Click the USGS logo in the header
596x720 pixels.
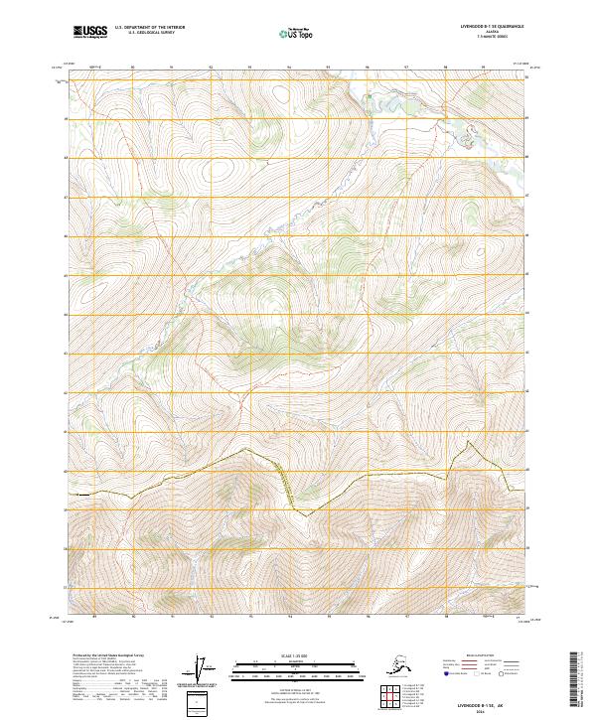click(x=89, y=33)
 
